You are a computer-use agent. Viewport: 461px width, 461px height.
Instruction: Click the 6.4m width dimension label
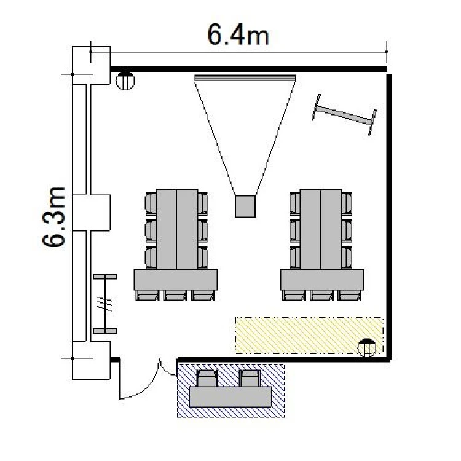(238, 34)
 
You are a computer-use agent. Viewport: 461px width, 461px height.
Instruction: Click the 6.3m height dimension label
(53, 217)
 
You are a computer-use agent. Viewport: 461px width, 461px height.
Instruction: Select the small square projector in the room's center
(245, 207)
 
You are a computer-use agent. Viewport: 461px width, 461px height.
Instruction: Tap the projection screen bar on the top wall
(245, 78)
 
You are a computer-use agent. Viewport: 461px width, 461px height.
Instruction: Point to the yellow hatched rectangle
(309, 336)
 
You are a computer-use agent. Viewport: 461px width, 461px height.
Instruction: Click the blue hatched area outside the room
(230, 390)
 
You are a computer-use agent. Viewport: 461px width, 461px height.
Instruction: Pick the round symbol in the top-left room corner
(125, 81)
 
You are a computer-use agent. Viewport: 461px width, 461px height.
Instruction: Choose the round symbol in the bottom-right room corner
(366, 348)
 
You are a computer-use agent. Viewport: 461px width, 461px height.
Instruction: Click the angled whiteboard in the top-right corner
(344, 116)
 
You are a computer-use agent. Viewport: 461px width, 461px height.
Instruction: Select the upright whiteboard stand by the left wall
(105, 304)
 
